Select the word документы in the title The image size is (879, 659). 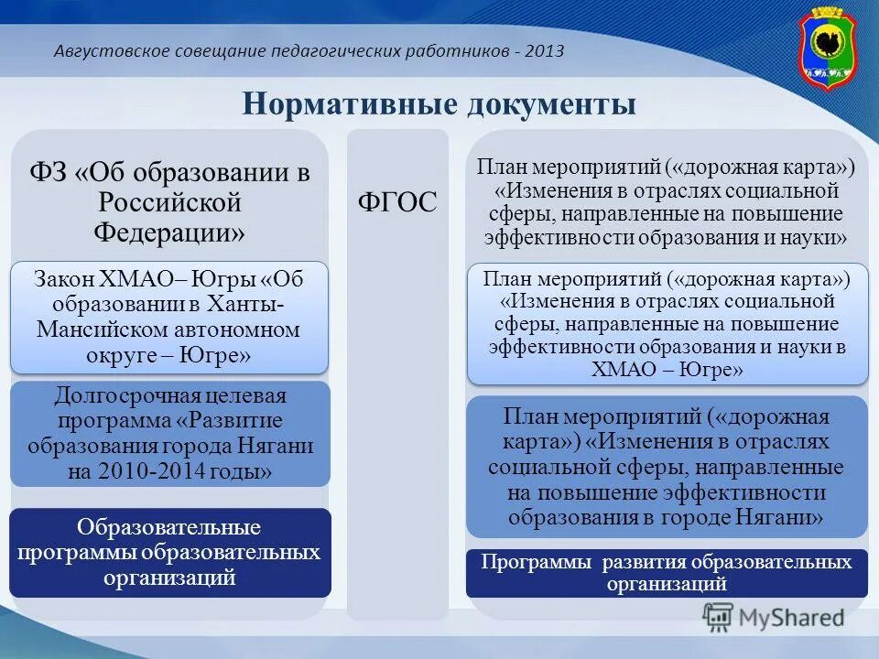548,103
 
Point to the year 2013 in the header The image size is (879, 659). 545,51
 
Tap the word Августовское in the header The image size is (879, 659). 111,51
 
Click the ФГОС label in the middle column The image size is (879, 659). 396,202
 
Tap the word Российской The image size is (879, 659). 168,201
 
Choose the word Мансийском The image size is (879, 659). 92,329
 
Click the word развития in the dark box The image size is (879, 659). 645,562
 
